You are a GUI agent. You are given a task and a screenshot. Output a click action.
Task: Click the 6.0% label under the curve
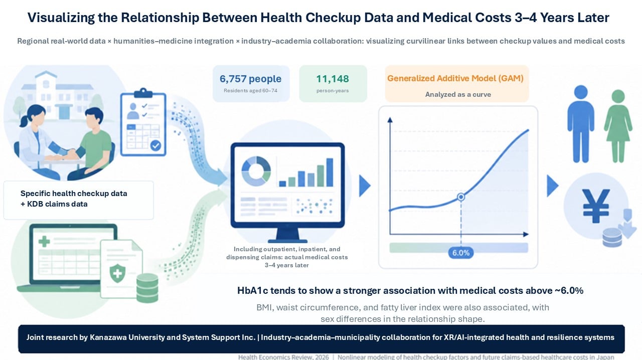click(x=461, y=253)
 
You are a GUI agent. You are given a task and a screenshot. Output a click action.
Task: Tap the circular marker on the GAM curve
click(x=461, y=197)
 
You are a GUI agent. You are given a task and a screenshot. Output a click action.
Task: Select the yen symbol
click(x=596, y=206)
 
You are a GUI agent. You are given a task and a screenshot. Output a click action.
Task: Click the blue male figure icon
click(x=581, y=124)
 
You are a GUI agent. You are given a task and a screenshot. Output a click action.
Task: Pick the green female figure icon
click(x=618, y=126)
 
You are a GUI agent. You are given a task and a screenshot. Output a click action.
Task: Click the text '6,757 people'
click(x=250, y=79)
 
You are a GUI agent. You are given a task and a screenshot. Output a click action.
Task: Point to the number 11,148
click(x=333, y=79)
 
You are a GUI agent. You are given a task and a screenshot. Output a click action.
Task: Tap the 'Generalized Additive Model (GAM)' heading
click(x=455, y=78)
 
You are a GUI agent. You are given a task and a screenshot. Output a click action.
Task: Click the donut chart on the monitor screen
click(x=256, y=171)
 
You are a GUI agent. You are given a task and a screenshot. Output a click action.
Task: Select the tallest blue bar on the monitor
click(x=330, y=172)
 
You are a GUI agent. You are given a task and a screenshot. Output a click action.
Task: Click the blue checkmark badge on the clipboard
click(x=155, y=145)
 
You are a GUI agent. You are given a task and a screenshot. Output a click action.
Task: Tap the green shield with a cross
click(x=117, y=273)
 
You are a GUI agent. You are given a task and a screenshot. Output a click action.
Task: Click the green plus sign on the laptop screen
click(x=44, y=241)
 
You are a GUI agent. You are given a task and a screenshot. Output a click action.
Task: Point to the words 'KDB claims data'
click(x=57, y=204)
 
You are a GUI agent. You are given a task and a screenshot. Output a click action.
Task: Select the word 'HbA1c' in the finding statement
click(x=252, y=291)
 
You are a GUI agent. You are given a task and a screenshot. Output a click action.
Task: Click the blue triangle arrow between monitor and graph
click(x=365, y=186)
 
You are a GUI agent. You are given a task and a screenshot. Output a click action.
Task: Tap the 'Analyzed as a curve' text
click(x=458, y=94)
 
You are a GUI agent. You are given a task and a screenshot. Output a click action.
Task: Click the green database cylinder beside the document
click(x=147, y=288)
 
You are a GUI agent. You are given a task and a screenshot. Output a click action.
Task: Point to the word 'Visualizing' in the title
click(x=61, y=18)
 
